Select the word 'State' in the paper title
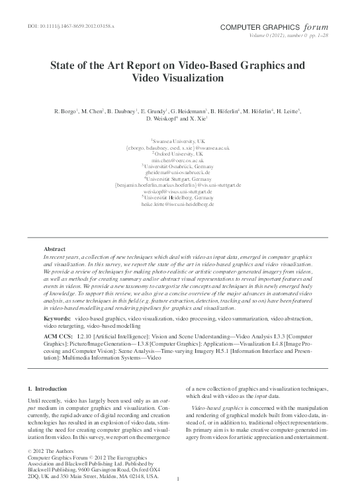point(65,66)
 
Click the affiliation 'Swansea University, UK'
point(179,141)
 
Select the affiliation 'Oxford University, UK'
point(180,154)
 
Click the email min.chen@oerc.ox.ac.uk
point(179,160)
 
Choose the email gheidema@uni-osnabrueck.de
point(179,172)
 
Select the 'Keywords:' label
point(58,319)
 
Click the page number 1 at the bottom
point(179,479)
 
